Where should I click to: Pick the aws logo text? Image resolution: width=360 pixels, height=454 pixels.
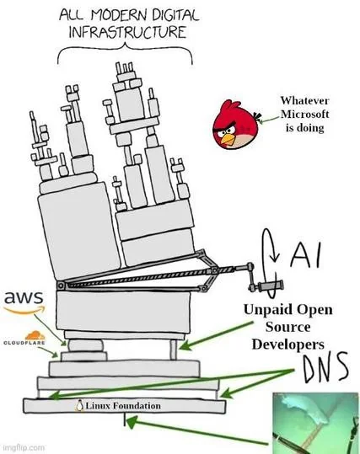(24, 300)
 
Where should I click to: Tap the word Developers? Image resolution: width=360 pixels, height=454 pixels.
(288, 345)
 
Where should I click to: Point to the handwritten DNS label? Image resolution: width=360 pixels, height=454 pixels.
(325, 368)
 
